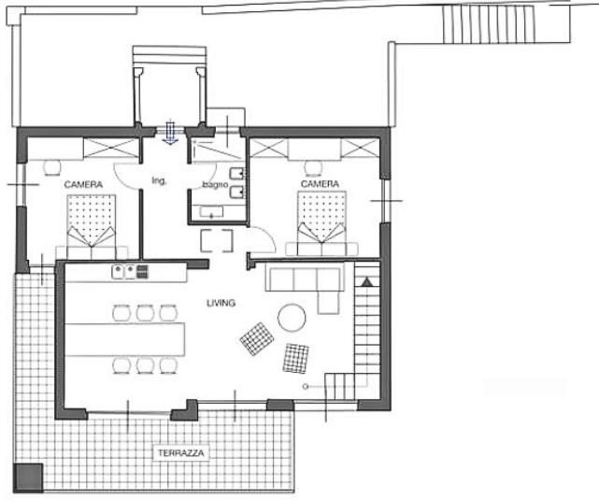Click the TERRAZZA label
tap(180, 452)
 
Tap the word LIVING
tap(221, 303)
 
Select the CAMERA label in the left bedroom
tap(82, 184)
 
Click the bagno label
tap(216, 184)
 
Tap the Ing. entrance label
tap(159, 180)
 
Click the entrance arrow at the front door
tap(170, 134)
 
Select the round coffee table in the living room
tap(291, 319)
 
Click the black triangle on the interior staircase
tap(367, 279)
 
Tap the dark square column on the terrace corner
tap(31, 477)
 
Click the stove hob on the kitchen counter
tap(142, 272)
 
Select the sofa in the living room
tap(304, 280)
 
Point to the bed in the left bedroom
tap(90, 224)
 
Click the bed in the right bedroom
tap(321, 222)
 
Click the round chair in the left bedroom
tap(51, 166)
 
